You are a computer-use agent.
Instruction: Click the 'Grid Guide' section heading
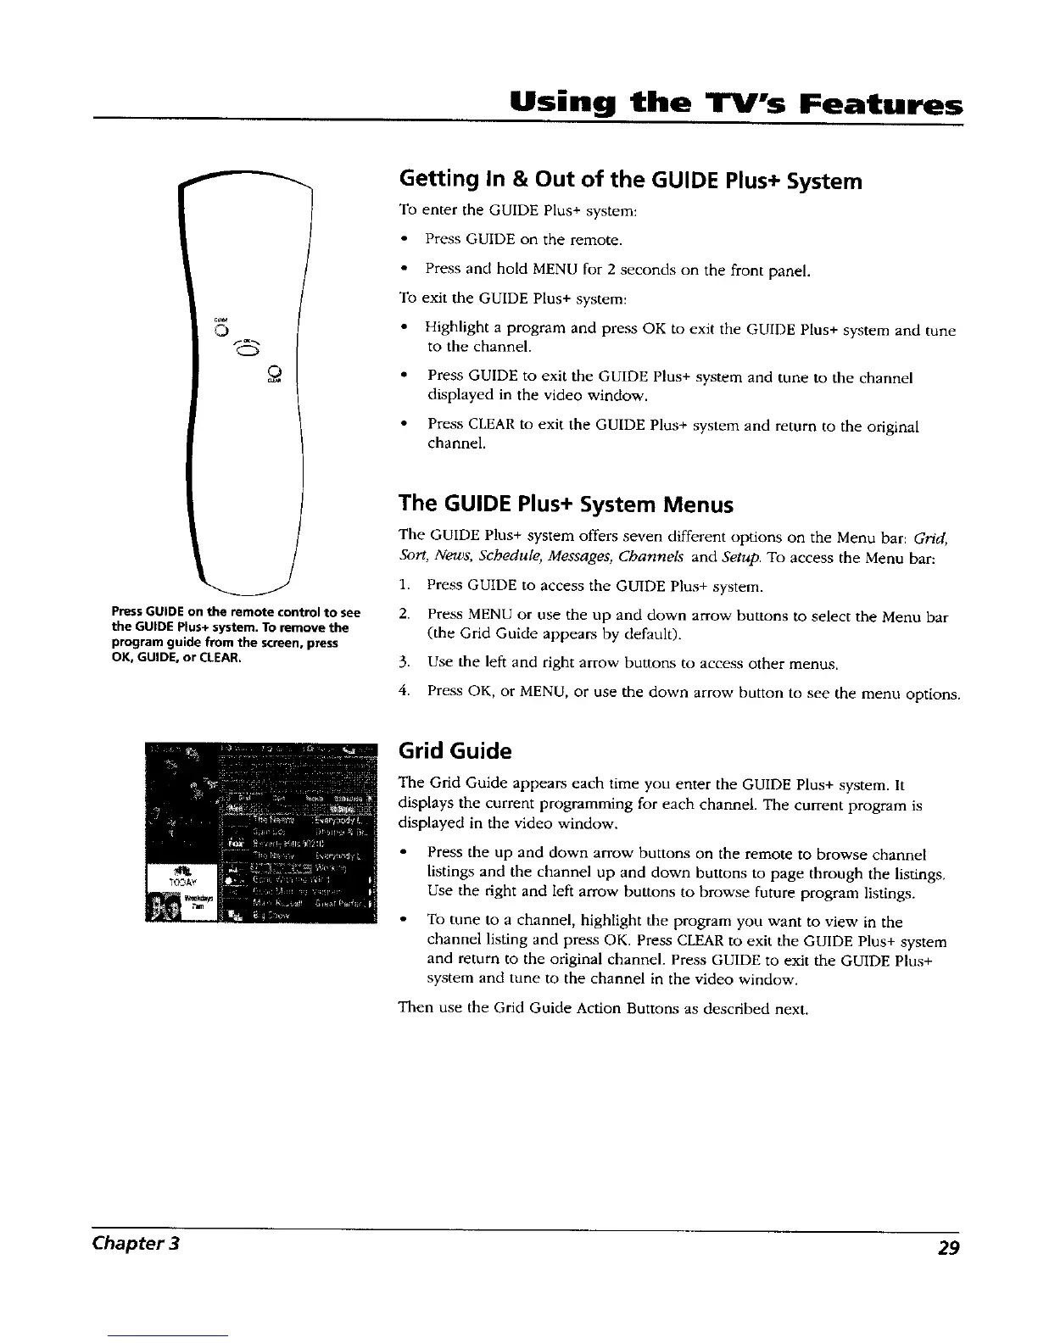455,751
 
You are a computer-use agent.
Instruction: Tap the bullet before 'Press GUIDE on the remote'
406,240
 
